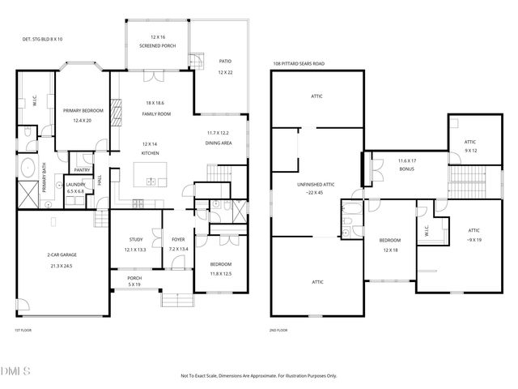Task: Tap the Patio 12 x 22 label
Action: point(226,66)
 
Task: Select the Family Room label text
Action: point(158,108)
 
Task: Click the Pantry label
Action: point(82,170)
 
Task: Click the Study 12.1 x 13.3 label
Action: point(136,244)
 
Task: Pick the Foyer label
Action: point(178,244)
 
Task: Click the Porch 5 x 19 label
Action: point(136,281)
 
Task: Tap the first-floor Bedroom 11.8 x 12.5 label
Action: point(221,269)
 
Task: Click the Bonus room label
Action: point(407,165)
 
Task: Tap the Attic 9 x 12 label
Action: point(470,146)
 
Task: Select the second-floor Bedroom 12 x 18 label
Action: point(392,245)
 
